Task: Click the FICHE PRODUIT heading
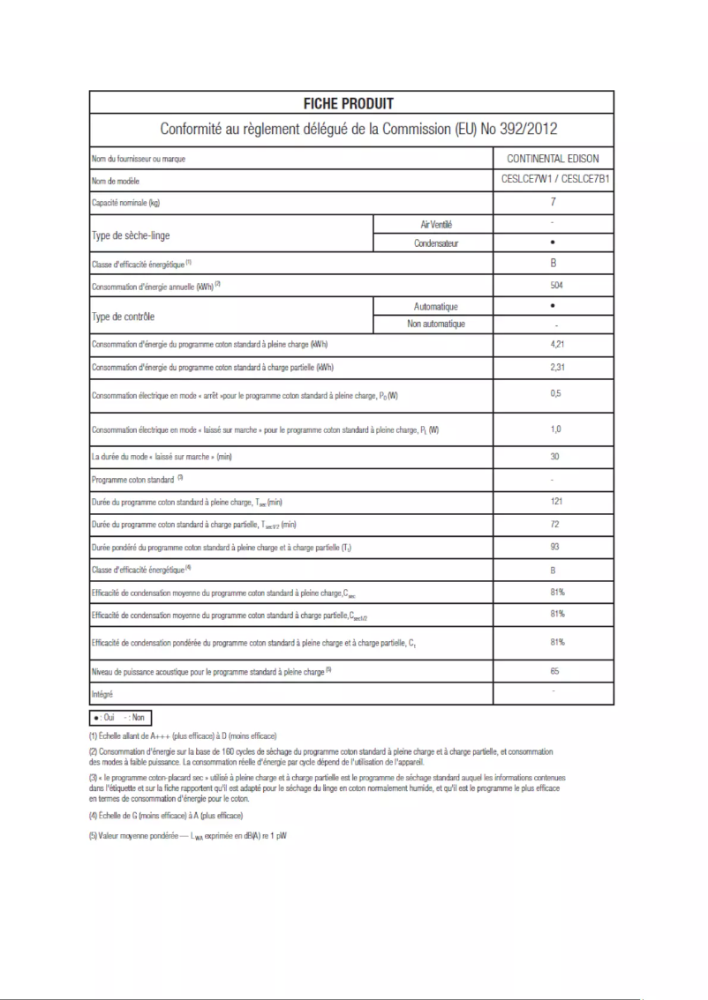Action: [x=349, y=104]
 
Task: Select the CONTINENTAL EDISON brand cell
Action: [x=554, y=159]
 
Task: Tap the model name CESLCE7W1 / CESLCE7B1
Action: [x=554, y=180]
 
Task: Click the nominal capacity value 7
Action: [x=553, y=202]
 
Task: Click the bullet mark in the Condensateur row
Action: [x=553, y=242]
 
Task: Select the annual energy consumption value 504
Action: [x=553, y=286]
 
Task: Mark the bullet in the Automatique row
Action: [x=553, y=306]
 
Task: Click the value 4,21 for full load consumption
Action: [x=553, y=345]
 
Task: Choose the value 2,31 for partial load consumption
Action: [x=553, y=367]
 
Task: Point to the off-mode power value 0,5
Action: [x=553, y=393]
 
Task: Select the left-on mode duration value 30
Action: [x=553, y=457]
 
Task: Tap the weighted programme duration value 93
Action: [x=553, y=548]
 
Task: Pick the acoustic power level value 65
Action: [x=553, y=671]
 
